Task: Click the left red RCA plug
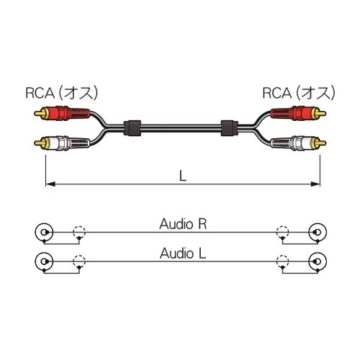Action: click(x=62, y=113)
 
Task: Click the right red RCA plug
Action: click(x=298, y=113)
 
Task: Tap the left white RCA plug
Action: click(x=62, y=143)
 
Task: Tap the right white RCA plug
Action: click(x=298, y=143)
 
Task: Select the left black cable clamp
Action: click(x=132, y=128)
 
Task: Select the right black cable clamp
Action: click(x=229, y=128)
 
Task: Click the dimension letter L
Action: click(x=183, y=176)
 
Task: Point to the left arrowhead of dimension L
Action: click(x=50, y=184)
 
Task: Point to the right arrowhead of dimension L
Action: click(x=315, y=184)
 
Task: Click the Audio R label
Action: click(x=183, y=224)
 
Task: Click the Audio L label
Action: click(x=183, y=253)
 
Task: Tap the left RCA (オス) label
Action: click(x=62, y=93)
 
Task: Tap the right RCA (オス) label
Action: click(x=299, y=93)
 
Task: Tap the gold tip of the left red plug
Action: click(x=40, y=113)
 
